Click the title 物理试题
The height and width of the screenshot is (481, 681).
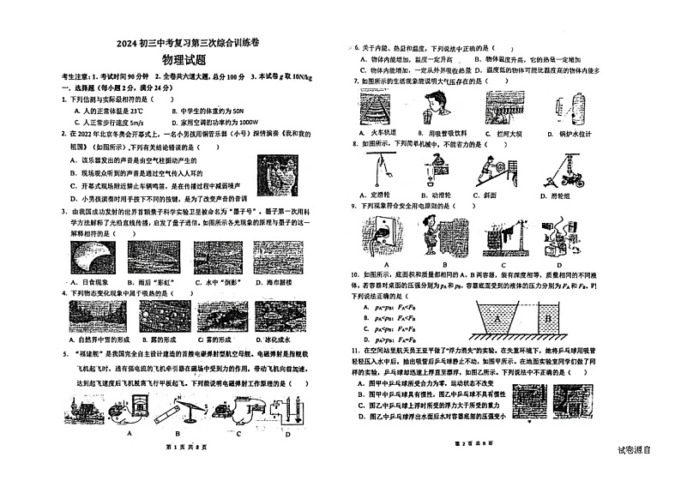point(184,60)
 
